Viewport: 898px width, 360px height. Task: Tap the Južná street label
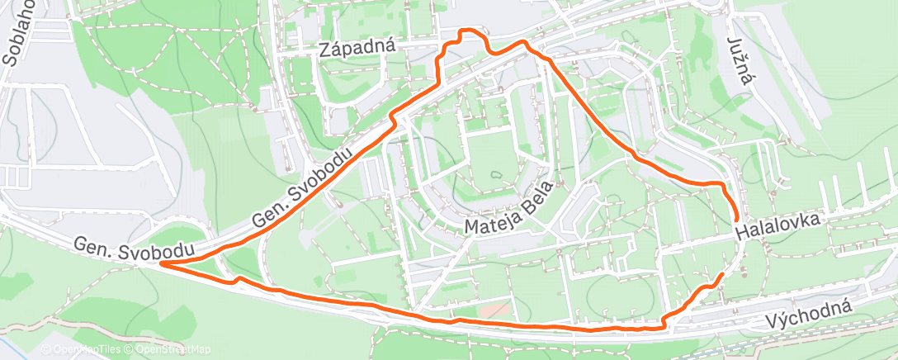pyautogui.click(x=741, y=60)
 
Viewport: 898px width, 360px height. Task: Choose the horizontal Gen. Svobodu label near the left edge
pyautogui.click(x=135, y=248)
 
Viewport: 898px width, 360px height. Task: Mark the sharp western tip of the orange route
pyautogui.click(x=160, y=263)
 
